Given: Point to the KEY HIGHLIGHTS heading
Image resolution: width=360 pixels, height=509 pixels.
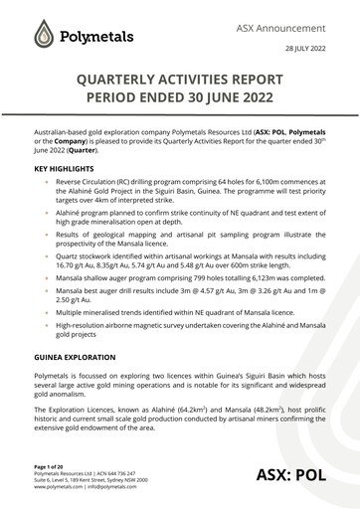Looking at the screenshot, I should click(69, 170).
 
